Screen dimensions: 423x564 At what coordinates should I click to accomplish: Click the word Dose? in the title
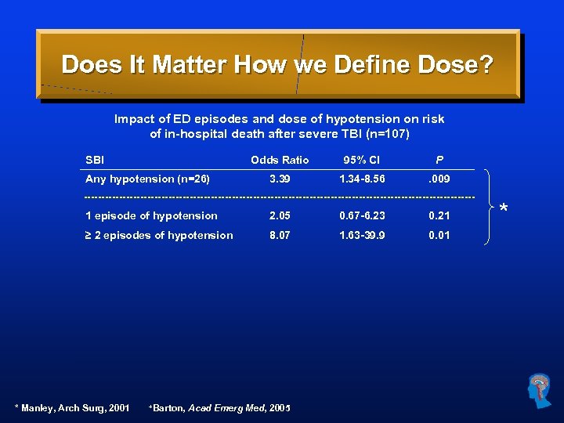455,64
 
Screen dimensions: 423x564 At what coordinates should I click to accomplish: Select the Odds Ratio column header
280,161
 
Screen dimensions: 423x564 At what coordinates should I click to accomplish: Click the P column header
439,161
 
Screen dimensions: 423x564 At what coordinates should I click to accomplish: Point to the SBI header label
95,161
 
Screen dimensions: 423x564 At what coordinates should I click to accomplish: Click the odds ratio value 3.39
280,179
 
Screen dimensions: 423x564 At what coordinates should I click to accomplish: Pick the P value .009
439,179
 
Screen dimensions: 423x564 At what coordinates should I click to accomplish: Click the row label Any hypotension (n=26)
147,179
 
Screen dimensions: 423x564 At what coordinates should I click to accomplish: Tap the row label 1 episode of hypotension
151,215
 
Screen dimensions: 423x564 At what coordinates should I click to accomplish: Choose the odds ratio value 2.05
280,215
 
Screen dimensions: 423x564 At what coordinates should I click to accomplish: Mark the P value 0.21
439,215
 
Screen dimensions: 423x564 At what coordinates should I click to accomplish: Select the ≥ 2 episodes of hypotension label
159,235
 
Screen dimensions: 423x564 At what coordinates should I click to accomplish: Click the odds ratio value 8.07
280,235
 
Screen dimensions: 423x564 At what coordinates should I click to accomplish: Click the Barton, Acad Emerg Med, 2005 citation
219,408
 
